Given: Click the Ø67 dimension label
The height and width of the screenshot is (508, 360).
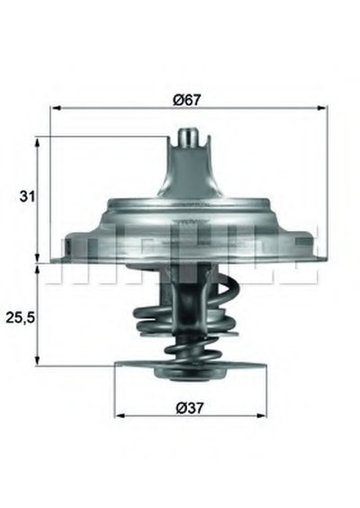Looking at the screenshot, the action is (187, 100).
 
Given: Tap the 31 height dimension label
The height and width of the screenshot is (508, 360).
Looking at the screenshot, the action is (27, 196).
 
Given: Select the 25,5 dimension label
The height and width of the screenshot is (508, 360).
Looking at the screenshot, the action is (20, 318).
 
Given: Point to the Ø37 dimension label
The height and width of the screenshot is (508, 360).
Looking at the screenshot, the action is (191, 407).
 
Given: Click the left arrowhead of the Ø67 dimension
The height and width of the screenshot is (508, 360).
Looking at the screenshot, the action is (57, 108).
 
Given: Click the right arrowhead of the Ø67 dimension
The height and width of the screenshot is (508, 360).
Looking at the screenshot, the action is (321, 108).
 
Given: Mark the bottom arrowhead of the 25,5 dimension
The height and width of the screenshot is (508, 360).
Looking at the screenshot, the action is (38, 361).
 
